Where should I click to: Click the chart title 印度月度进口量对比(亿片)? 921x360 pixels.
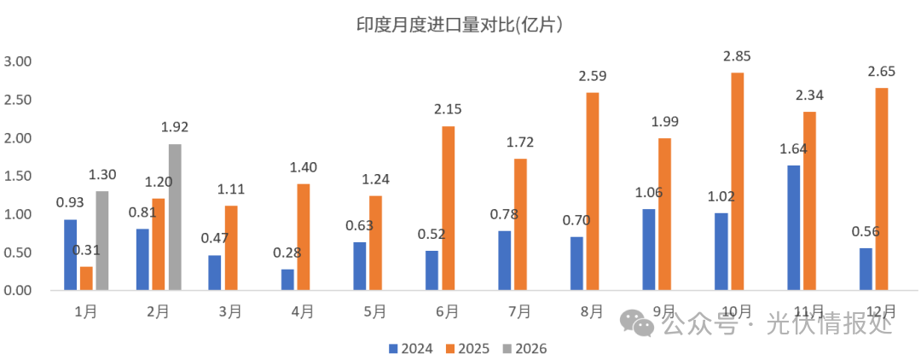point(461,25)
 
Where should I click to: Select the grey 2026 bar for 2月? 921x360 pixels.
point(174,218)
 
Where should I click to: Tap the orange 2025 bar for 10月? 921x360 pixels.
point(737,182)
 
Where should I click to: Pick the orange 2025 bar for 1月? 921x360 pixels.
point(86,279)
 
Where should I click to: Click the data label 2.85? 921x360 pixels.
point(737,56)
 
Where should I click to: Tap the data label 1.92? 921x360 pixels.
point(174,127)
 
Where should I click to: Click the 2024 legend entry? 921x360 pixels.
point(411,348)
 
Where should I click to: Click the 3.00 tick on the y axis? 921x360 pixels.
point(18,61)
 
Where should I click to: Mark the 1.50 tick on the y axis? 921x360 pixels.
point(18,176)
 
